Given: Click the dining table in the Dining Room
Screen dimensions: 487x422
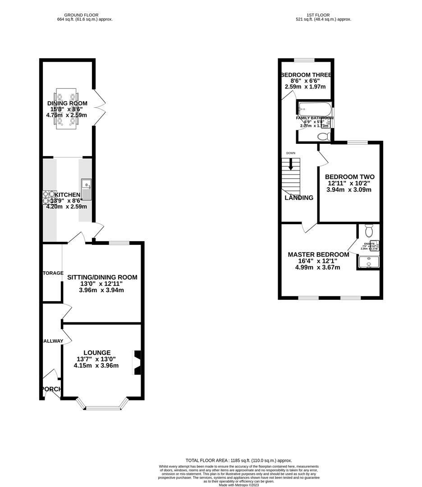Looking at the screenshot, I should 67,110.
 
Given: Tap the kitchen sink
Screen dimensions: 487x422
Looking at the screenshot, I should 86,189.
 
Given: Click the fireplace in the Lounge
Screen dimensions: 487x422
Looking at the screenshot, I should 137,363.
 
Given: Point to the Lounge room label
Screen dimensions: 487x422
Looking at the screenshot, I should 96,353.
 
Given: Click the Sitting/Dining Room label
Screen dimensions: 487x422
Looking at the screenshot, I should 102,277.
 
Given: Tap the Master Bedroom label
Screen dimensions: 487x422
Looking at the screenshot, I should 318,255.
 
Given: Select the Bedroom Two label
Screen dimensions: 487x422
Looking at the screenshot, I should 349,177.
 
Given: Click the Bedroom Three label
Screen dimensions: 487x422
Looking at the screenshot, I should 306,75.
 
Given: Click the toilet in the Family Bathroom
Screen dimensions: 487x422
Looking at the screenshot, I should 324,136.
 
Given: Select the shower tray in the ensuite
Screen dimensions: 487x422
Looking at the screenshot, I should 368,262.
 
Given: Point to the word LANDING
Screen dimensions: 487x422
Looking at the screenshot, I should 298,198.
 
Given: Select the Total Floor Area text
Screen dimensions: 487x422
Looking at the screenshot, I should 239,460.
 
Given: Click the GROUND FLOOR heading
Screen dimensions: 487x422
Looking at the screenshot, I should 81,15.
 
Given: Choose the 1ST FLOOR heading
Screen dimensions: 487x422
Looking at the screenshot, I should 316,15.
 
